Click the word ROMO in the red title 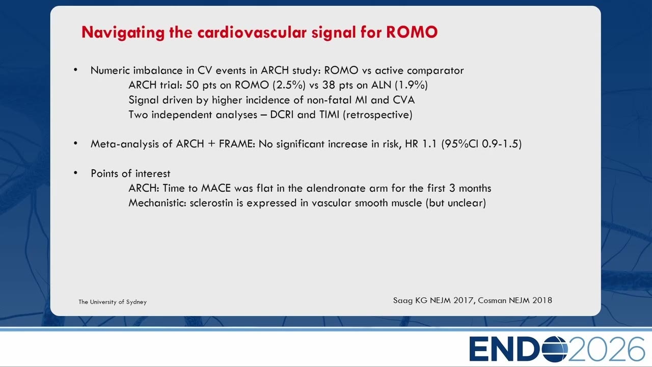(x=412, y=32)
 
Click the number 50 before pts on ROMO (x=193, y=85)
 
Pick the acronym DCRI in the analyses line (x=282, y=115)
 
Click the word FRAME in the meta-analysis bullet (x=237, y=144)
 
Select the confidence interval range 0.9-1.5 (x=500, y=144)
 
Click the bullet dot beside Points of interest (x=76, y=173)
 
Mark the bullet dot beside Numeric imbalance (x=76, y=70)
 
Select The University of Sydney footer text (x=113, y=302)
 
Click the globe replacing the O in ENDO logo (x=552, y=349)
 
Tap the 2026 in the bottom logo (x=606, y=349)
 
